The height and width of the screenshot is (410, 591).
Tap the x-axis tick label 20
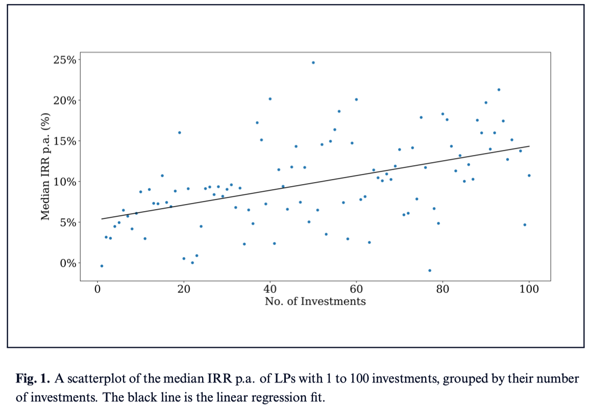[184, 290]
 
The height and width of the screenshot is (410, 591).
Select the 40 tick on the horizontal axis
[270, 290]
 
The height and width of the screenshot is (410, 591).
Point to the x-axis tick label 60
[356, 290]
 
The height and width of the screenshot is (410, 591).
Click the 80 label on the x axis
[442, 290]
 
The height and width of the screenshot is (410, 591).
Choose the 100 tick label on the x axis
[529, 290]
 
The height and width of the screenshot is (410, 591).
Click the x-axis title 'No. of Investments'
[315, 301]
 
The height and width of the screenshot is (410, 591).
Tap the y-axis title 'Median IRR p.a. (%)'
[46, 167]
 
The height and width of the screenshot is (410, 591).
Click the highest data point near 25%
[313, 63]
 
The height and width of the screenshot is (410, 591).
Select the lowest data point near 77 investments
[430, 270]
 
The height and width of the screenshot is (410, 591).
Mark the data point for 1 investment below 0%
[102, 266]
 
